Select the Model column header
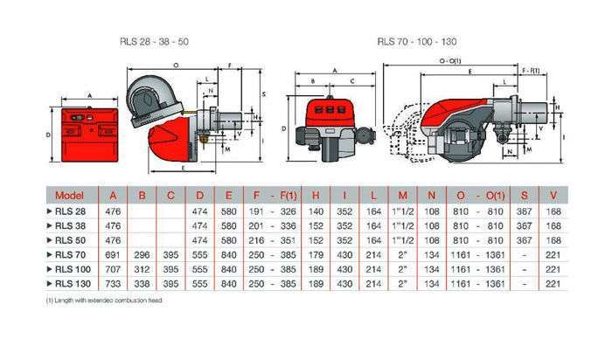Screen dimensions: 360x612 tap(69, 195)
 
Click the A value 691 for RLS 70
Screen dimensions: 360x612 tap(113, 254)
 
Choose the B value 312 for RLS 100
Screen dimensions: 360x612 tap(143, 269)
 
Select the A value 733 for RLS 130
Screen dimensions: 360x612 tap(113, 284)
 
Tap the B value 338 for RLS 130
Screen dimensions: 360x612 tap(143, 284)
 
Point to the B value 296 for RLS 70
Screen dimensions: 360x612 tap(143, 254)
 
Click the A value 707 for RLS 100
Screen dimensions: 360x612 tap(113, 269)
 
